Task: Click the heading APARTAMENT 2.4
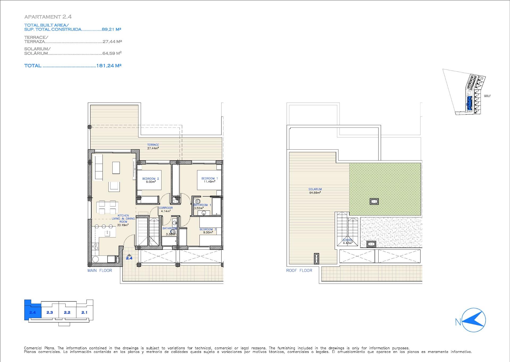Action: [48, 17]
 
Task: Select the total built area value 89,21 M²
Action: [112, 29]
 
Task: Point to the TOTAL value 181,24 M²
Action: [109, 65]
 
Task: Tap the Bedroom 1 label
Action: [209, 180]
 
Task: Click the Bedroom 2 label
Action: [150, 180]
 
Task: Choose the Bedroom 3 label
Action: [208, 231]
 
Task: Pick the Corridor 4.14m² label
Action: [166, 209]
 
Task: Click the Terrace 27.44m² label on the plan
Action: [153, 146]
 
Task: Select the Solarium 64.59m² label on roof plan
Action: [315, 191]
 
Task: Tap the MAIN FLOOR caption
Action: [100, 270]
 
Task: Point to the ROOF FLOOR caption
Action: [299, 270]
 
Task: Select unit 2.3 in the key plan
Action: [50, 312]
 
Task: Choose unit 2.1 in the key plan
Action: [84, 312]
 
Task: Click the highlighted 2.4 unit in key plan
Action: [32, 312]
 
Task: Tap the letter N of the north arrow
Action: [458, 322]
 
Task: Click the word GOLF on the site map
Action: [487, 96]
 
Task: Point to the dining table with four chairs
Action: [108, 208]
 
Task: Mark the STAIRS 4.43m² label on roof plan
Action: [347, 241]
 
